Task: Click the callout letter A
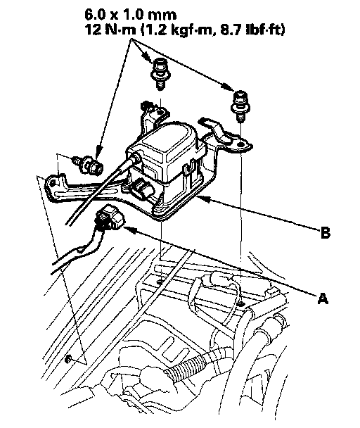(x=323, y=298)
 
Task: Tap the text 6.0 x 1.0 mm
(x=130, y=15)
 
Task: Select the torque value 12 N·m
(x=110, y=30)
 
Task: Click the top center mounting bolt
(x=160, y=73)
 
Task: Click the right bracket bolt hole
(x=240, y=144)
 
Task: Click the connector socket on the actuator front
(x=143, y=189)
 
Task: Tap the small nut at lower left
(x=68, y=360)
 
